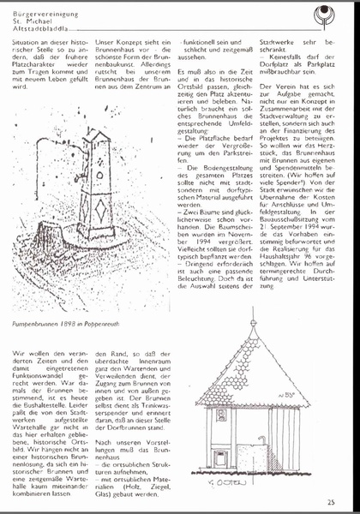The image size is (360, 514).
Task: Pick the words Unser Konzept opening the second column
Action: tap(117, 40)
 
